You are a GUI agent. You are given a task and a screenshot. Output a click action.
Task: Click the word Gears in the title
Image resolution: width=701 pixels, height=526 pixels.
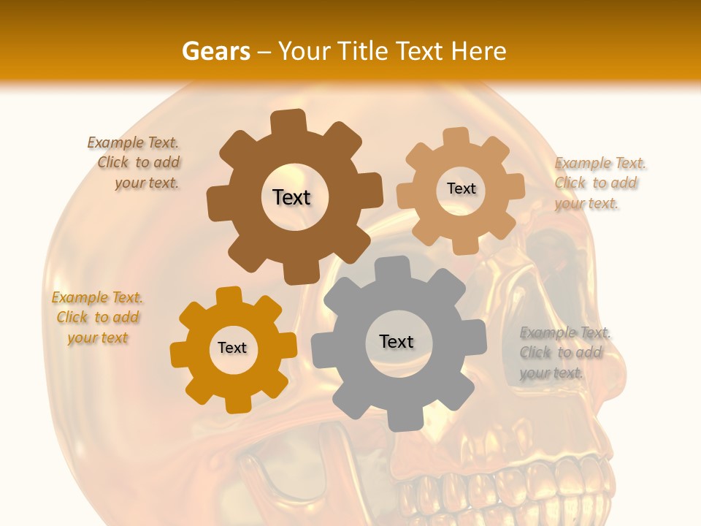pos(215,52)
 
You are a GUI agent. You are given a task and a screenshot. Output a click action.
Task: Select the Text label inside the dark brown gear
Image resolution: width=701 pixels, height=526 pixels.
pos(291,197)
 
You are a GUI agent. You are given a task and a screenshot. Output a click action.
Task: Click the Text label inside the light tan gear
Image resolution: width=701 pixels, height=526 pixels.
pos(461,188)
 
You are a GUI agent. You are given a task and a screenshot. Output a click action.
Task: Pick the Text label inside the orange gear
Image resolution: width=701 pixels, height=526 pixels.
pos(232,348)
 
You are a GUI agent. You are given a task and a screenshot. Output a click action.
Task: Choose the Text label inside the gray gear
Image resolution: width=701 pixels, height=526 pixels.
pos(397,341)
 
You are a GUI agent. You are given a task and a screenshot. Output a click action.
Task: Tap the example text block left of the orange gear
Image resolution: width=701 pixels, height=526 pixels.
pos(98,318)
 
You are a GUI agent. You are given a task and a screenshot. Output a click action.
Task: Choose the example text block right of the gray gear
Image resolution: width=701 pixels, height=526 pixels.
pos(564,353)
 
